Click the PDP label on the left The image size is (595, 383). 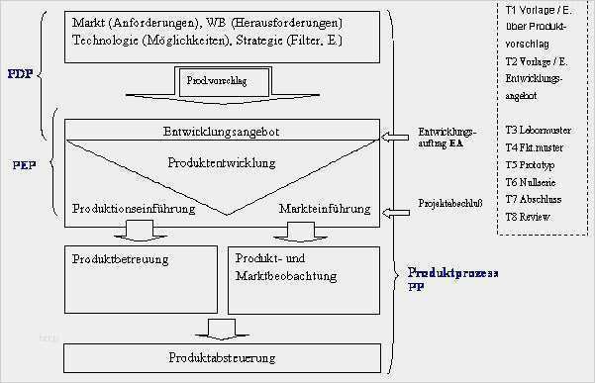coord(18,73)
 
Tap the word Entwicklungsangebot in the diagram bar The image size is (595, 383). coord(222,132)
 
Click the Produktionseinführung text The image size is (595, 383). coord(134,210)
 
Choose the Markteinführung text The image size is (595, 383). coord(325,210)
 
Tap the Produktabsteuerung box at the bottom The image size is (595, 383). coord(222,356)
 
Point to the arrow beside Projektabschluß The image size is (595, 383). coord(397,211)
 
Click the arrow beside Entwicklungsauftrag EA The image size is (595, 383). coord(397,136)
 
